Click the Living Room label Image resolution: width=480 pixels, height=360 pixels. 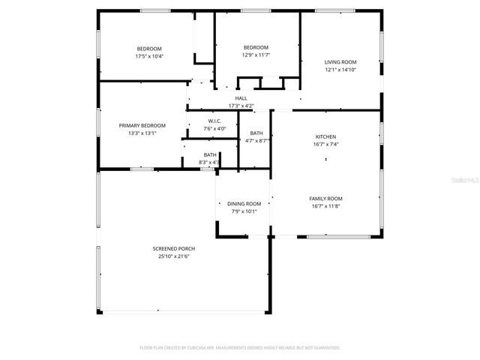pyautogui.click(x=340, y=62)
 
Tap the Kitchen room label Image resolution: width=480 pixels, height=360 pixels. pyautogui.click(x=325, y=136)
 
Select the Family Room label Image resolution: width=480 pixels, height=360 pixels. pyautogui.click(x=325, y=198)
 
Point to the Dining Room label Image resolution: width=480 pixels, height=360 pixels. pyautogui.click(x=244, y=203)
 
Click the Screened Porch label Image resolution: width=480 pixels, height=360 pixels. pyautogui.click(x=170, y=248)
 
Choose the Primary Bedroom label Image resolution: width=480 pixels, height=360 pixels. pyautogui.click(x=142, y=125)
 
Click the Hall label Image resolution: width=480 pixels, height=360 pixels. pyautogui.click(x=241, y=98)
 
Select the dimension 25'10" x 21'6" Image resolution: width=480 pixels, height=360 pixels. pyautogui.click(x=170, y=256)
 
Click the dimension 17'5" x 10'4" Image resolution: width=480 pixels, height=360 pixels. pyautogui.click(x=149, y=56)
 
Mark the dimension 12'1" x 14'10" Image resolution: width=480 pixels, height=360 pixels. pyautogui.click(x=340, y=70)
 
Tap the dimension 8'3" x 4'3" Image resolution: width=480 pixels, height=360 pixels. pyautogui.click(x=209, y=162)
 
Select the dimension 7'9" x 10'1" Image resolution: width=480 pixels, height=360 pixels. pyautogui.click(x=244, y=211)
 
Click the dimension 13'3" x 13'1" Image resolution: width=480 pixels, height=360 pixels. pyautogui.click(x=142, y=133)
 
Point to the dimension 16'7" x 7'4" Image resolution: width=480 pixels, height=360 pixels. pyautogui.click(x=325, y=144)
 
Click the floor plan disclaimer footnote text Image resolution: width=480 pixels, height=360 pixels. pyautogui.click(x=240, y=348)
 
